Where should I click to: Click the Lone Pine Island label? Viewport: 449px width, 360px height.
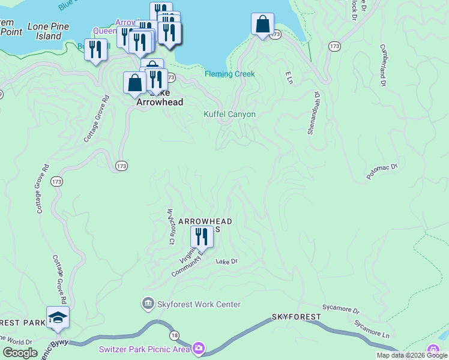coord(48,31)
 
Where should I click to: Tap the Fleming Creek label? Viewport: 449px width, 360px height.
coord(229,74)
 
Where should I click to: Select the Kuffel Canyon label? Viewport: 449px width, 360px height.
coord(229,114)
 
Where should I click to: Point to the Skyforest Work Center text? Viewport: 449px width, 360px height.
coord(199,304)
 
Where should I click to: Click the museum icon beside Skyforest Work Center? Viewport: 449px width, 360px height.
coord(148,304)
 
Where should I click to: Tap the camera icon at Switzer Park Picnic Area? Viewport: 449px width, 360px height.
coord(199,348)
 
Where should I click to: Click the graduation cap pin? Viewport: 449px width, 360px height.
coord(58,318)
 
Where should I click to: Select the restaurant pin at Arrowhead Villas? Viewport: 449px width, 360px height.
coord(202,237)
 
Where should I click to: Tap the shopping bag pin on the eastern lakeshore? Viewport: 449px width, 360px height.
coord(262,25)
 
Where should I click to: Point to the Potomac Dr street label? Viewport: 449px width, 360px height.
coord(382,170)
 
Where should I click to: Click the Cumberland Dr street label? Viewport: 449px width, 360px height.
coord(382,65)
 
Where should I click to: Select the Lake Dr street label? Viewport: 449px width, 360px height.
coord(227,261)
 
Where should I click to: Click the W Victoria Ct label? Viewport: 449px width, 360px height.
coord(170,226)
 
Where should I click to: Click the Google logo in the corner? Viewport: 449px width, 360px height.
coord(20,353)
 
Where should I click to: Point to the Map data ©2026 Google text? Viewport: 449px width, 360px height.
coord(412,355)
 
